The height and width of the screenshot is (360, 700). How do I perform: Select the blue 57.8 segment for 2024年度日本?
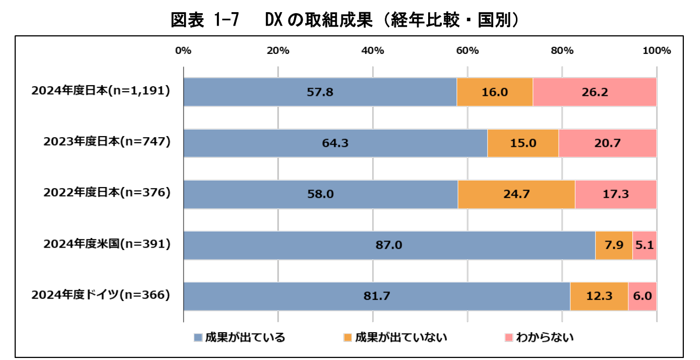pos(320,92)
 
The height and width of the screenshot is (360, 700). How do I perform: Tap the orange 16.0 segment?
pos(494,92)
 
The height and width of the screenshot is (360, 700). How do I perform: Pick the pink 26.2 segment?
pos(594,92)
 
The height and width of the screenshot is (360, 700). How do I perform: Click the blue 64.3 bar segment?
pos(335,143)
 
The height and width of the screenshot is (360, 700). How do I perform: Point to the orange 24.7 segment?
pos(516,194)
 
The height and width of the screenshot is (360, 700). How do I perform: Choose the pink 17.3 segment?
pos(615,194)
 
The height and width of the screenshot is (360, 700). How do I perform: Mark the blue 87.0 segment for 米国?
pos(389,246)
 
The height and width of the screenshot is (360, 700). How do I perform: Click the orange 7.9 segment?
pos(613,246)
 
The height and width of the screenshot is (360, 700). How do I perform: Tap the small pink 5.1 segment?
pos(644,246)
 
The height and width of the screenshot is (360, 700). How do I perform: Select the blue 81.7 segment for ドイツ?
pos(376,296)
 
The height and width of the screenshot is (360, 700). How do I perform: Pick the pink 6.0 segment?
pos(642,296)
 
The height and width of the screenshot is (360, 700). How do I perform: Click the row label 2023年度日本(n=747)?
pos(107,142)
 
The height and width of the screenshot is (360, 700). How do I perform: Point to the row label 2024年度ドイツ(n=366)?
pos(100,295)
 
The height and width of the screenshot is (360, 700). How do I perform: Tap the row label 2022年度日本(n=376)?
pos(107,193)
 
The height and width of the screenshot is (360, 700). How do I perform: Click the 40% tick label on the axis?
pos(373,51)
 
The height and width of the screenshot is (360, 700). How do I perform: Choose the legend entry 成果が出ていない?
pos(395,337)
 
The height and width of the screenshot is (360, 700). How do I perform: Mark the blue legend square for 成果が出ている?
pos(198,337)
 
